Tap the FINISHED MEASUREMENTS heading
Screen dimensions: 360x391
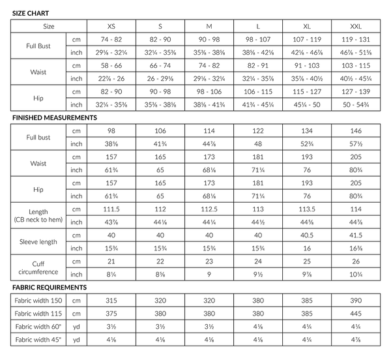[55, 117]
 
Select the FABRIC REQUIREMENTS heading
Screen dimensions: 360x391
[50, 287]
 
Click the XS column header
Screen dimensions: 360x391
[111, 27]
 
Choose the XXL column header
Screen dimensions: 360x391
[357, 27]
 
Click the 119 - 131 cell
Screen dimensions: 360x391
[357, 40]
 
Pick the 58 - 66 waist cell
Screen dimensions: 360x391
[111, 67]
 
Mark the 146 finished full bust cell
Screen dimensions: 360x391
[357, 131]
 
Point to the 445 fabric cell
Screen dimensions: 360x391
[357, 314]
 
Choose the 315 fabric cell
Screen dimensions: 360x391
[111, 301]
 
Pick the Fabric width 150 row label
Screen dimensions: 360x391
[38, 301]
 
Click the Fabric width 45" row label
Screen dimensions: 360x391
[38, 340]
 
